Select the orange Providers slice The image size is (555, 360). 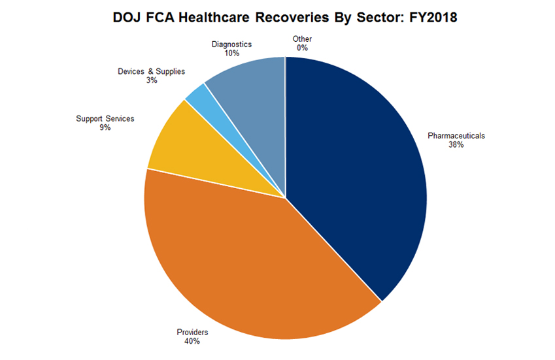(248, 261)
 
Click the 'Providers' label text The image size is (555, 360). (192, 333)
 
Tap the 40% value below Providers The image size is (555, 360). (192, 342)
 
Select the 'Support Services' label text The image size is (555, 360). (105, 119)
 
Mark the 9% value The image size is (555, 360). (105, 128)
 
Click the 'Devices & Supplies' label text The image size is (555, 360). (152, 71)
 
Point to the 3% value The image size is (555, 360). (152, 80)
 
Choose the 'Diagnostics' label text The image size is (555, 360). (231, 44)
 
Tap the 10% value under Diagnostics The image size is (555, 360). (231, 54)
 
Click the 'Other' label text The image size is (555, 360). (303, 39)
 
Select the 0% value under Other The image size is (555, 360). (303, 48)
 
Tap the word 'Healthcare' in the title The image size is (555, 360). (204, 18)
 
